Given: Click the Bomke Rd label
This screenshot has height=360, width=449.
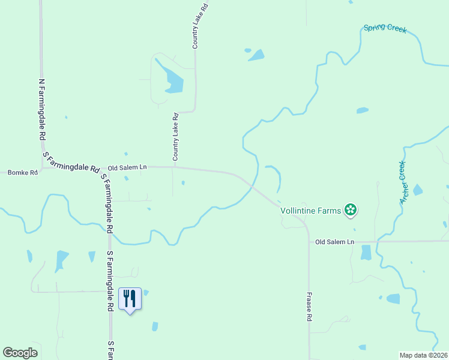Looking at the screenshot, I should [x=22, y=173].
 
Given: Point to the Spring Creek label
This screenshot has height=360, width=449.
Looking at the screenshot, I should [x=384, y=29].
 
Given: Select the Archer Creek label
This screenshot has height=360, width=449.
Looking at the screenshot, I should [x=403, y=182].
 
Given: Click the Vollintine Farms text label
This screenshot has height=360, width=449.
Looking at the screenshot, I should [x=310, y=211].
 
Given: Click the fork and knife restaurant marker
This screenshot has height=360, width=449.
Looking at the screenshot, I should [x=130, y=298].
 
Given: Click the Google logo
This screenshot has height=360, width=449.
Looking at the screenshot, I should [x=20, y=353].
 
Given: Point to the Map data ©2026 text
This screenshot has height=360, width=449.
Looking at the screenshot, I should [x=423, y=355].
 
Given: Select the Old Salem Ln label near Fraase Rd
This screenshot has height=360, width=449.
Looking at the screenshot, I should [x=335, y=242].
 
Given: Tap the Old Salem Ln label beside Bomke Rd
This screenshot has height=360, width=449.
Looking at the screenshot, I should [x=127, y=168].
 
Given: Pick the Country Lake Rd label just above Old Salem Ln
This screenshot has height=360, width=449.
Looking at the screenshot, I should [x=176, y=137].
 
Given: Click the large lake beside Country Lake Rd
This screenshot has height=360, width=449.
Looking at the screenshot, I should [x=172, y=82].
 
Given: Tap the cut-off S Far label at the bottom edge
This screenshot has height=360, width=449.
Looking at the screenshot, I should [x=111, y=351].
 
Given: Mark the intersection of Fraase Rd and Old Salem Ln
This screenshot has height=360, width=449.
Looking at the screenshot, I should [x=309, y=242].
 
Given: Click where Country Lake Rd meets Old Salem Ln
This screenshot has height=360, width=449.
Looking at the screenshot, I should [x=174, y=167].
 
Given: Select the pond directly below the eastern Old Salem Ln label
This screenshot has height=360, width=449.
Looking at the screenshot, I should [x=366, y=253].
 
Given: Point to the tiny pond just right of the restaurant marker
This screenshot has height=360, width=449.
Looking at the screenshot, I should [x=146, y=293].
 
